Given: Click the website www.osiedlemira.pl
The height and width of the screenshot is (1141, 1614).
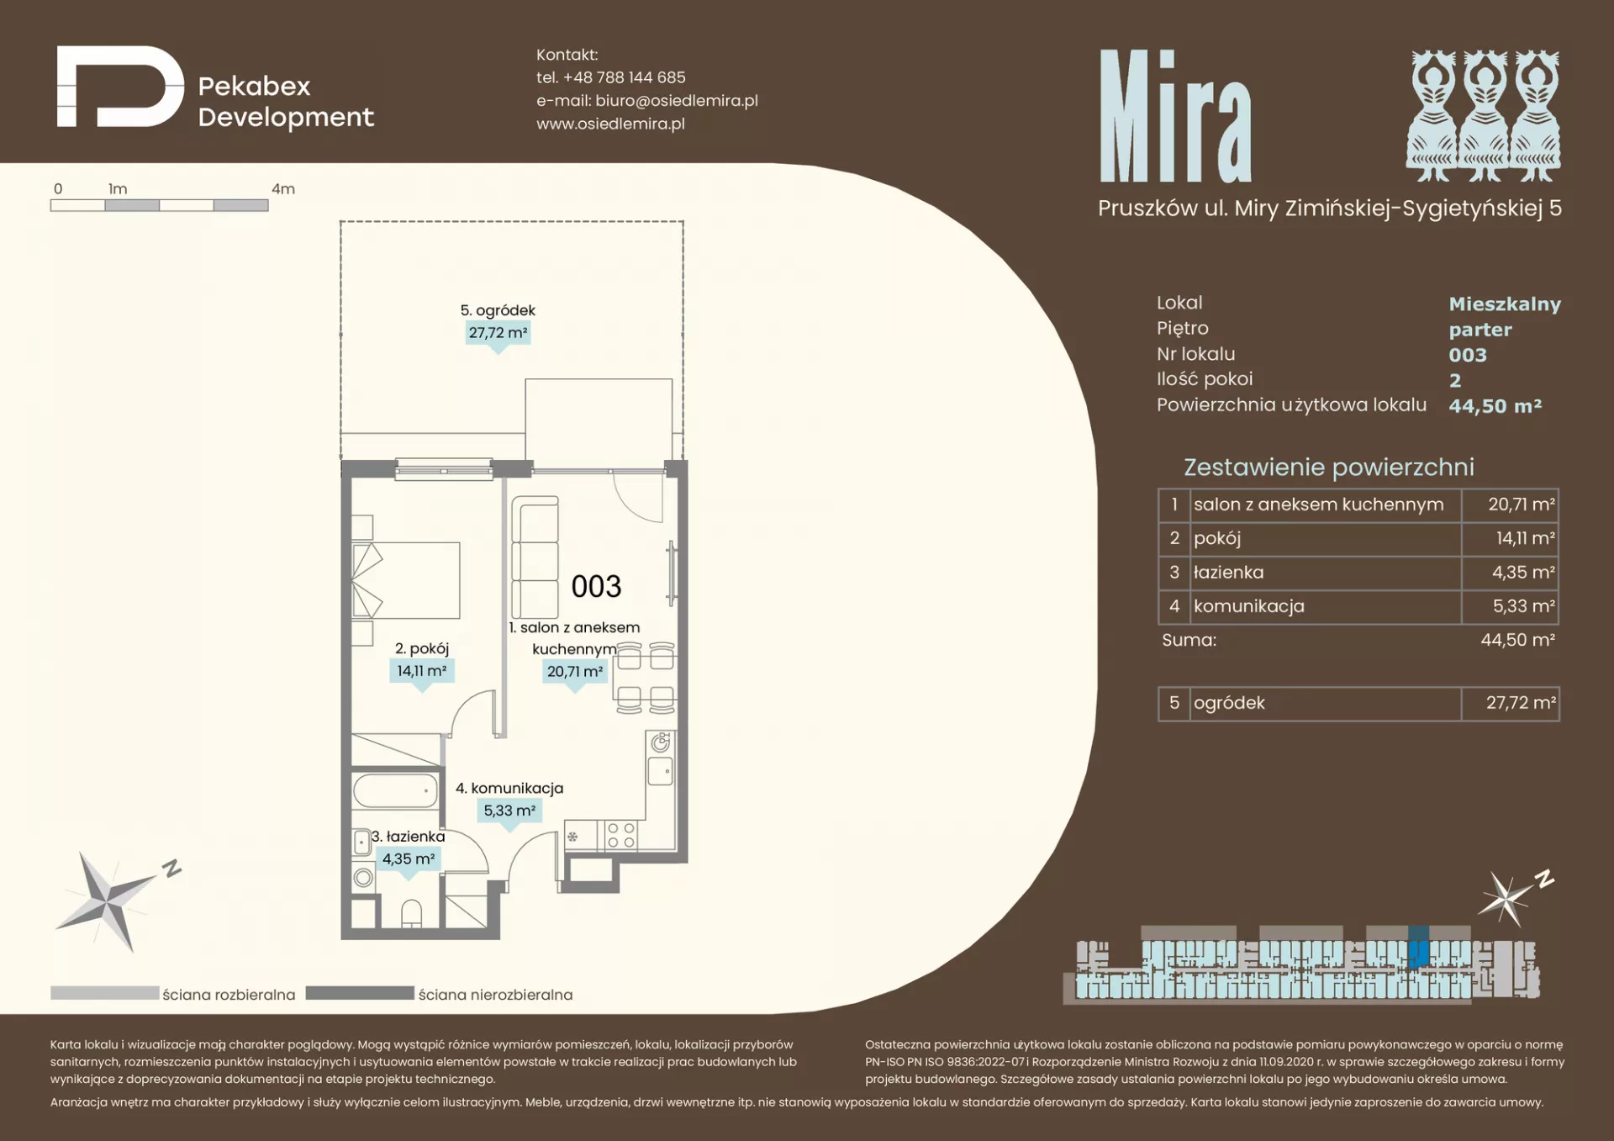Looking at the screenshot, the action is pos(610,124).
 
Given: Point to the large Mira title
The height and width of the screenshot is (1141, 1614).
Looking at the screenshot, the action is pos(1175,116).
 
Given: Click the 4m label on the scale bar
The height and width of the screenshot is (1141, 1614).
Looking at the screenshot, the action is pos(283,189).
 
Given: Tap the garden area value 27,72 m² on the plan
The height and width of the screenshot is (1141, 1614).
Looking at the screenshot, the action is pos(498,333).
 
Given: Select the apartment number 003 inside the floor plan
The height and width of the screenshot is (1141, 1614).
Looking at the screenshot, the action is pos(596,586).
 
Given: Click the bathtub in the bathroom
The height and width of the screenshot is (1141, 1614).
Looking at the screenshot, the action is pos(395,791).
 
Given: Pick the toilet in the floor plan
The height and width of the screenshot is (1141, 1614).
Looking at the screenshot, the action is pos(411,914).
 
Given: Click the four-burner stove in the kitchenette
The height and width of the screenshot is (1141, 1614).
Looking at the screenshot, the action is pos(621,836).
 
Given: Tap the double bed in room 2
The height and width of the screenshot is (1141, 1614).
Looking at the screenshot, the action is pos(406,580).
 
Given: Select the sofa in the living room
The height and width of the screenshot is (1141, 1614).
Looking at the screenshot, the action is pos(535,557).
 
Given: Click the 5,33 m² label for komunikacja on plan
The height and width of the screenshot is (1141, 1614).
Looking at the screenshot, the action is pos(509,811).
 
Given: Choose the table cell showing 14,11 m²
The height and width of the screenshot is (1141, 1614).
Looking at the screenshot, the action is pos(1511,538).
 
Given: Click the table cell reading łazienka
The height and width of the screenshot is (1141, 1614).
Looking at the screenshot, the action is pos(1326,573).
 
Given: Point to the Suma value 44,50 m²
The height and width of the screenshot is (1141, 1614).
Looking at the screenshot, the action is pos(1517,640).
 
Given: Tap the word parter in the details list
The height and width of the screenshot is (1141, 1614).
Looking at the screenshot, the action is pos(1479,330).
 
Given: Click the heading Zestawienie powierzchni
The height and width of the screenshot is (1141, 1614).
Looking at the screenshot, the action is pos(1328,467).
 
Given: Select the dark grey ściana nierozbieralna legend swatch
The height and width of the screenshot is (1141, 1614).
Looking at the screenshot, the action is pos(360,993).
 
